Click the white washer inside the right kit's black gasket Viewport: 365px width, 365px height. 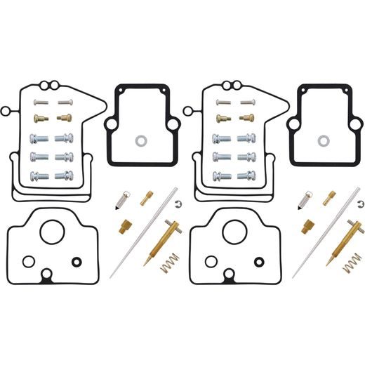[x=323, y=140]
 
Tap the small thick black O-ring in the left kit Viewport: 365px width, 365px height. [x=77, y=263]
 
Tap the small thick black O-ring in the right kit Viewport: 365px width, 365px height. [x=260, y=263]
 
